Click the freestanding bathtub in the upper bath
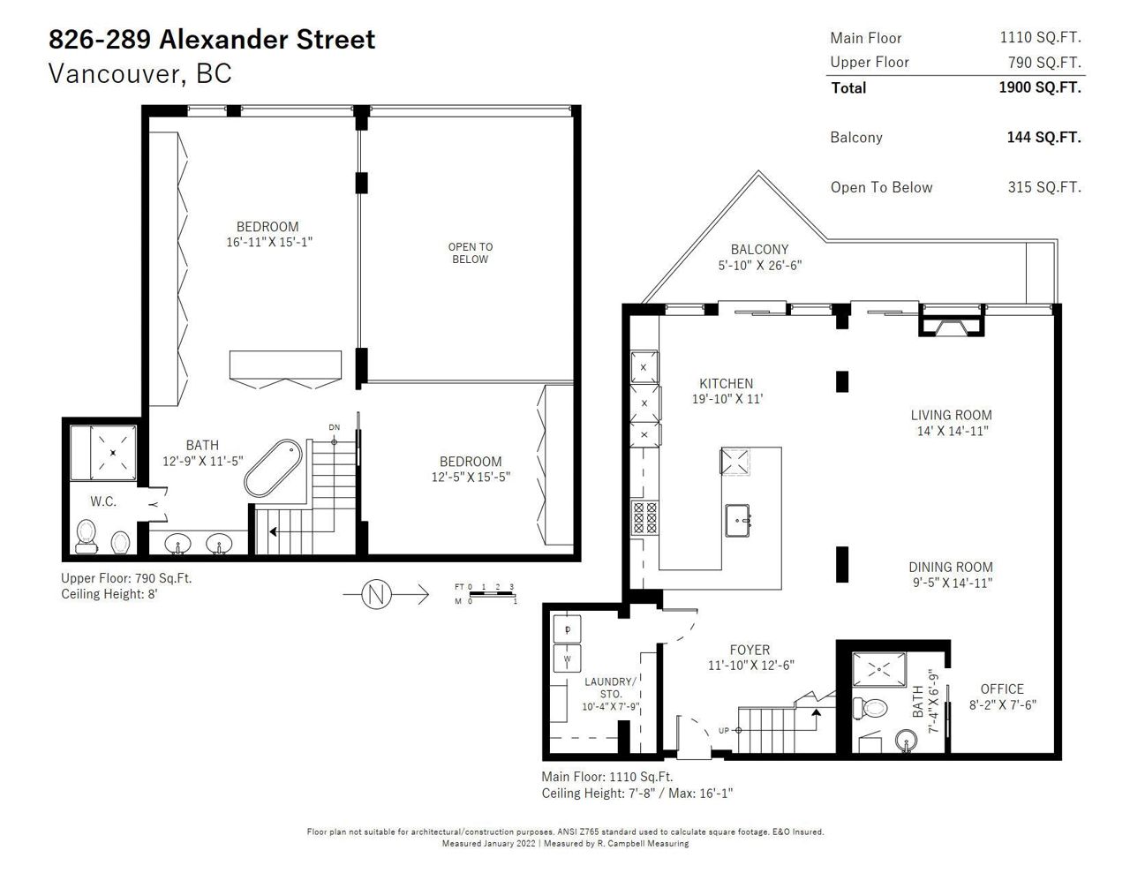pyautogui.click(x=273, y=468)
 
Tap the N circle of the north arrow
pyautogui.click(x=376, y=594)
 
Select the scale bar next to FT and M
pyautogui.click(x=492, y=594)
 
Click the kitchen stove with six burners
pyautogui.click(x=644, y=518)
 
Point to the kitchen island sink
pyautogui.click(x=738, y=521)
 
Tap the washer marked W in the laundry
pyautogui.click(x=567, y=659)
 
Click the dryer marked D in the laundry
pyautogui.click(x=567, y=629)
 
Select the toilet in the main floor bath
pyautogui.click(x=870, y=708)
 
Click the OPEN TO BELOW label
pyautogui.click(x=470, y=252)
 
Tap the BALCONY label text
pyautogui.click(x=759, y=250)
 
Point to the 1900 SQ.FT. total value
pyautogui.click(x=1040, y=87)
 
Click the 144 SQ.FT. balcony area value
pyautogui.click(x=1043, y=138)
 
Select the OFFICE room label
pyautogui.click(x=1002, y=689)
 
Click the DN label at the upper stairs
pyautogui.click(x=334, y=427)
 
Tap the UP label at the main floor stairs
pyautogui.click(x=724, y=731)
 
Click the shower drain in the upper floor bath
pyautogui.click(x=113, y=453)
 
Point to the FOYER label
pyautogui.click(x=750, y=650)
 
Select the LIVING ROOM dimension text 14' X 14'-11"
pyautogui.click(x=953, y=431)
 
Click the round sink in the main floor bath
pyautogui.click(x=907, y=740)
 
